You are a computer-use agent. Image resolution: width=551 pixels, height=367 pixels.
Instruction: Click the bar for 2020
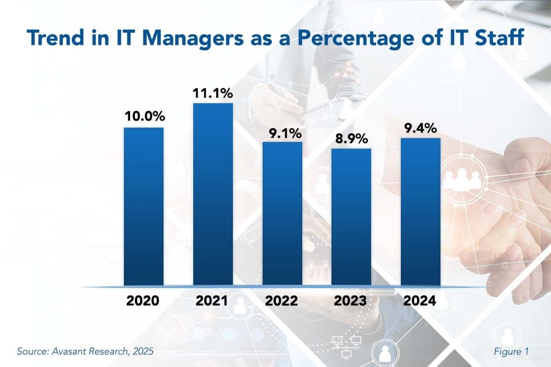[x=143, y=206]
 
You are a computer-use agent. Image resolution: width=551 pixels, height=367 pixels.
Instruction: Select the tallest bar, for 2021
[x=213, y=194]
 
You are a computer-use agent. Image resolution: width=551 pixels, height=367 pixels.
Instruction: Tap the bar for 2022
[x=282, y=214]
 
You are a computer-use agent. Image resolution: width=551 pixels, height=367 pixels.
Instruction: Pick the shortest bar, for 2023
[x=351, y=217]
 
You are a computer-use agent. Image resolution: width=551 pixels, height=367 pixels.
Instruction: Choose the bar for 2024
[x=420, y=212]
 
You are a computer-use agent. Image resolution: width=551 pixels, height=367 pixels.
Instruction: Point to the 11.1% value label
[x=213, y=93]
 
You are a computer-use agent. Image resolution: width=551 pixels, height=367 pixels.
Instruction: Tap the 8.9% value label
[x=351, y=139]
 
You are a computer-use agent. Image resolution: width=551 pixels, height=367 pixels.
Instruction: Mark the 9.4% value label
[x=420, y=128]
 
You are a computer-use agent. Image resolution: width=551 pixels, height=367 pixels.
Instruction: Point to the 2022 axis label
[x=282, y=301]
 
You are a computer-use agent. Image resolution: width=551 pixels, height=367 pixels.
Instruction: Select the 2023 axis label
[x=351, y=301]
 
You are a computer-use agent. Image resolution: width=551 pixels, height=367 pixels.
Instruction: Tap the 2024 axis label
[x=420, y=301]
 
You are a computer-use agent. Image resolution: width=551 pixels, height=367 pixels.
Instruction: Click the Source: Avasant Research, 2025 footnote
[x=85, y=351]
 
